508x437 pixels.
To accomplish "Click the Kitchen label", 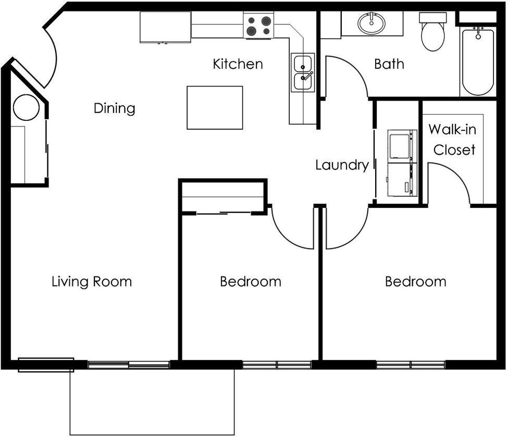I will (238, 64).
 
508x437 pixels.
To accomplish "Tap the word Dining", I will (114, 108).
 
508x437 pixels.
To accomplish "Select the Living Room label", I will (92, 282).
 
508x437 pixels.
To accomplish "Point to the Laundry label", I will (342, 165).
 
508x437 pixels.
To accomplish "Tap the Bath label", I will (389, 64).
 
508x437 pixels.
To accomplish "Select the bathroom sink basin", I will (371, 23).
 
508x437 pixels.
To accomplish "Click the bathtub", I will (478, 61).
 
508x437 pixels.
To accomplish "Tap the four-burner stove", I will (259, 26).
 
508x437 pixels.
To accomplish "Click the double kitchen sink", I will (303, 73).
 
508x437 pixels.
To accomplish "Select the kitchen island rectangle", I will (215, 108).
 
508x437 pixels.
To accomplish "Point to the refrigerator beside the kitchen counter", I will (165, 27).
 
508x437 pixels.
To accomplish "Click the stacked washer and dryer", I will (402, 163).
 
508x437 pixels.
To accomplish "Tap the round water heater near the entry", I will (26, 108).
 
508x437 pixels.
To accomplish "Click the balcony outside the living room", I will (152, 401).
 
